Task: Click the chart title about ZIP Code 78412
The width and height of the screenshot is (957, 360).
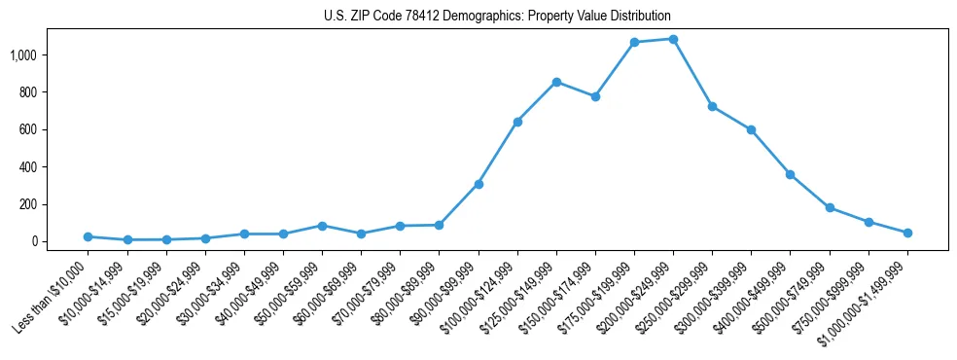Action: (x=497, y=17)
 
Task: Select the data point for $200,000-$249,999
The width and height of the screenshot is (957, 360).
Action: (x=673, y=39)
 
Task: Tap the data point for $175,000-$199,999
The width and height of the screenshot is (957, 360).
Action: (x=634, y=42)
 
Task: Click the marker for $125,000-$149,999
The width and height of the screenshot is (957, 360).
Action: (x=556, y=82)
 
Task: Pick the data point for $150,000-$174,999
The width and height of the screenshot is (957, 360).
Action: (x=595, y=96)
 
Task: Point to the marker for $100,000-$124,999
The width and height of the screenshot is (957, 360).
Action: (x=517, y=122)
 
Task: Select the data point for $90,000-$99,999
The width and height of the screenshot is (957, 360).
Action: (x=478, y=184)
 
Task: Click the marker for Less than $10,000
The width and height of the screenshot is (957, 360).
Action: (x=88, y=236)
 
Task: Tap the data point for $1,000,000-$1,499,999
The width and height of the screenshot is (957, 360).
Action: (x=907, y=233)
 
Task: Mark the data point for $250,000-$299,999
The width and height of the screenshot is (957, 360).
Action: (x=712, y=106)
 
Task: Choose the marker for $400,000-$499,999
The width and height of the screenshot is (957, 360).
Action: (x=791, y=174)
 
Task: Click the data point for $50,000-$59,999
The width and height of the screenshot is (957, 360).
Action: (x=322, y=226)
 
